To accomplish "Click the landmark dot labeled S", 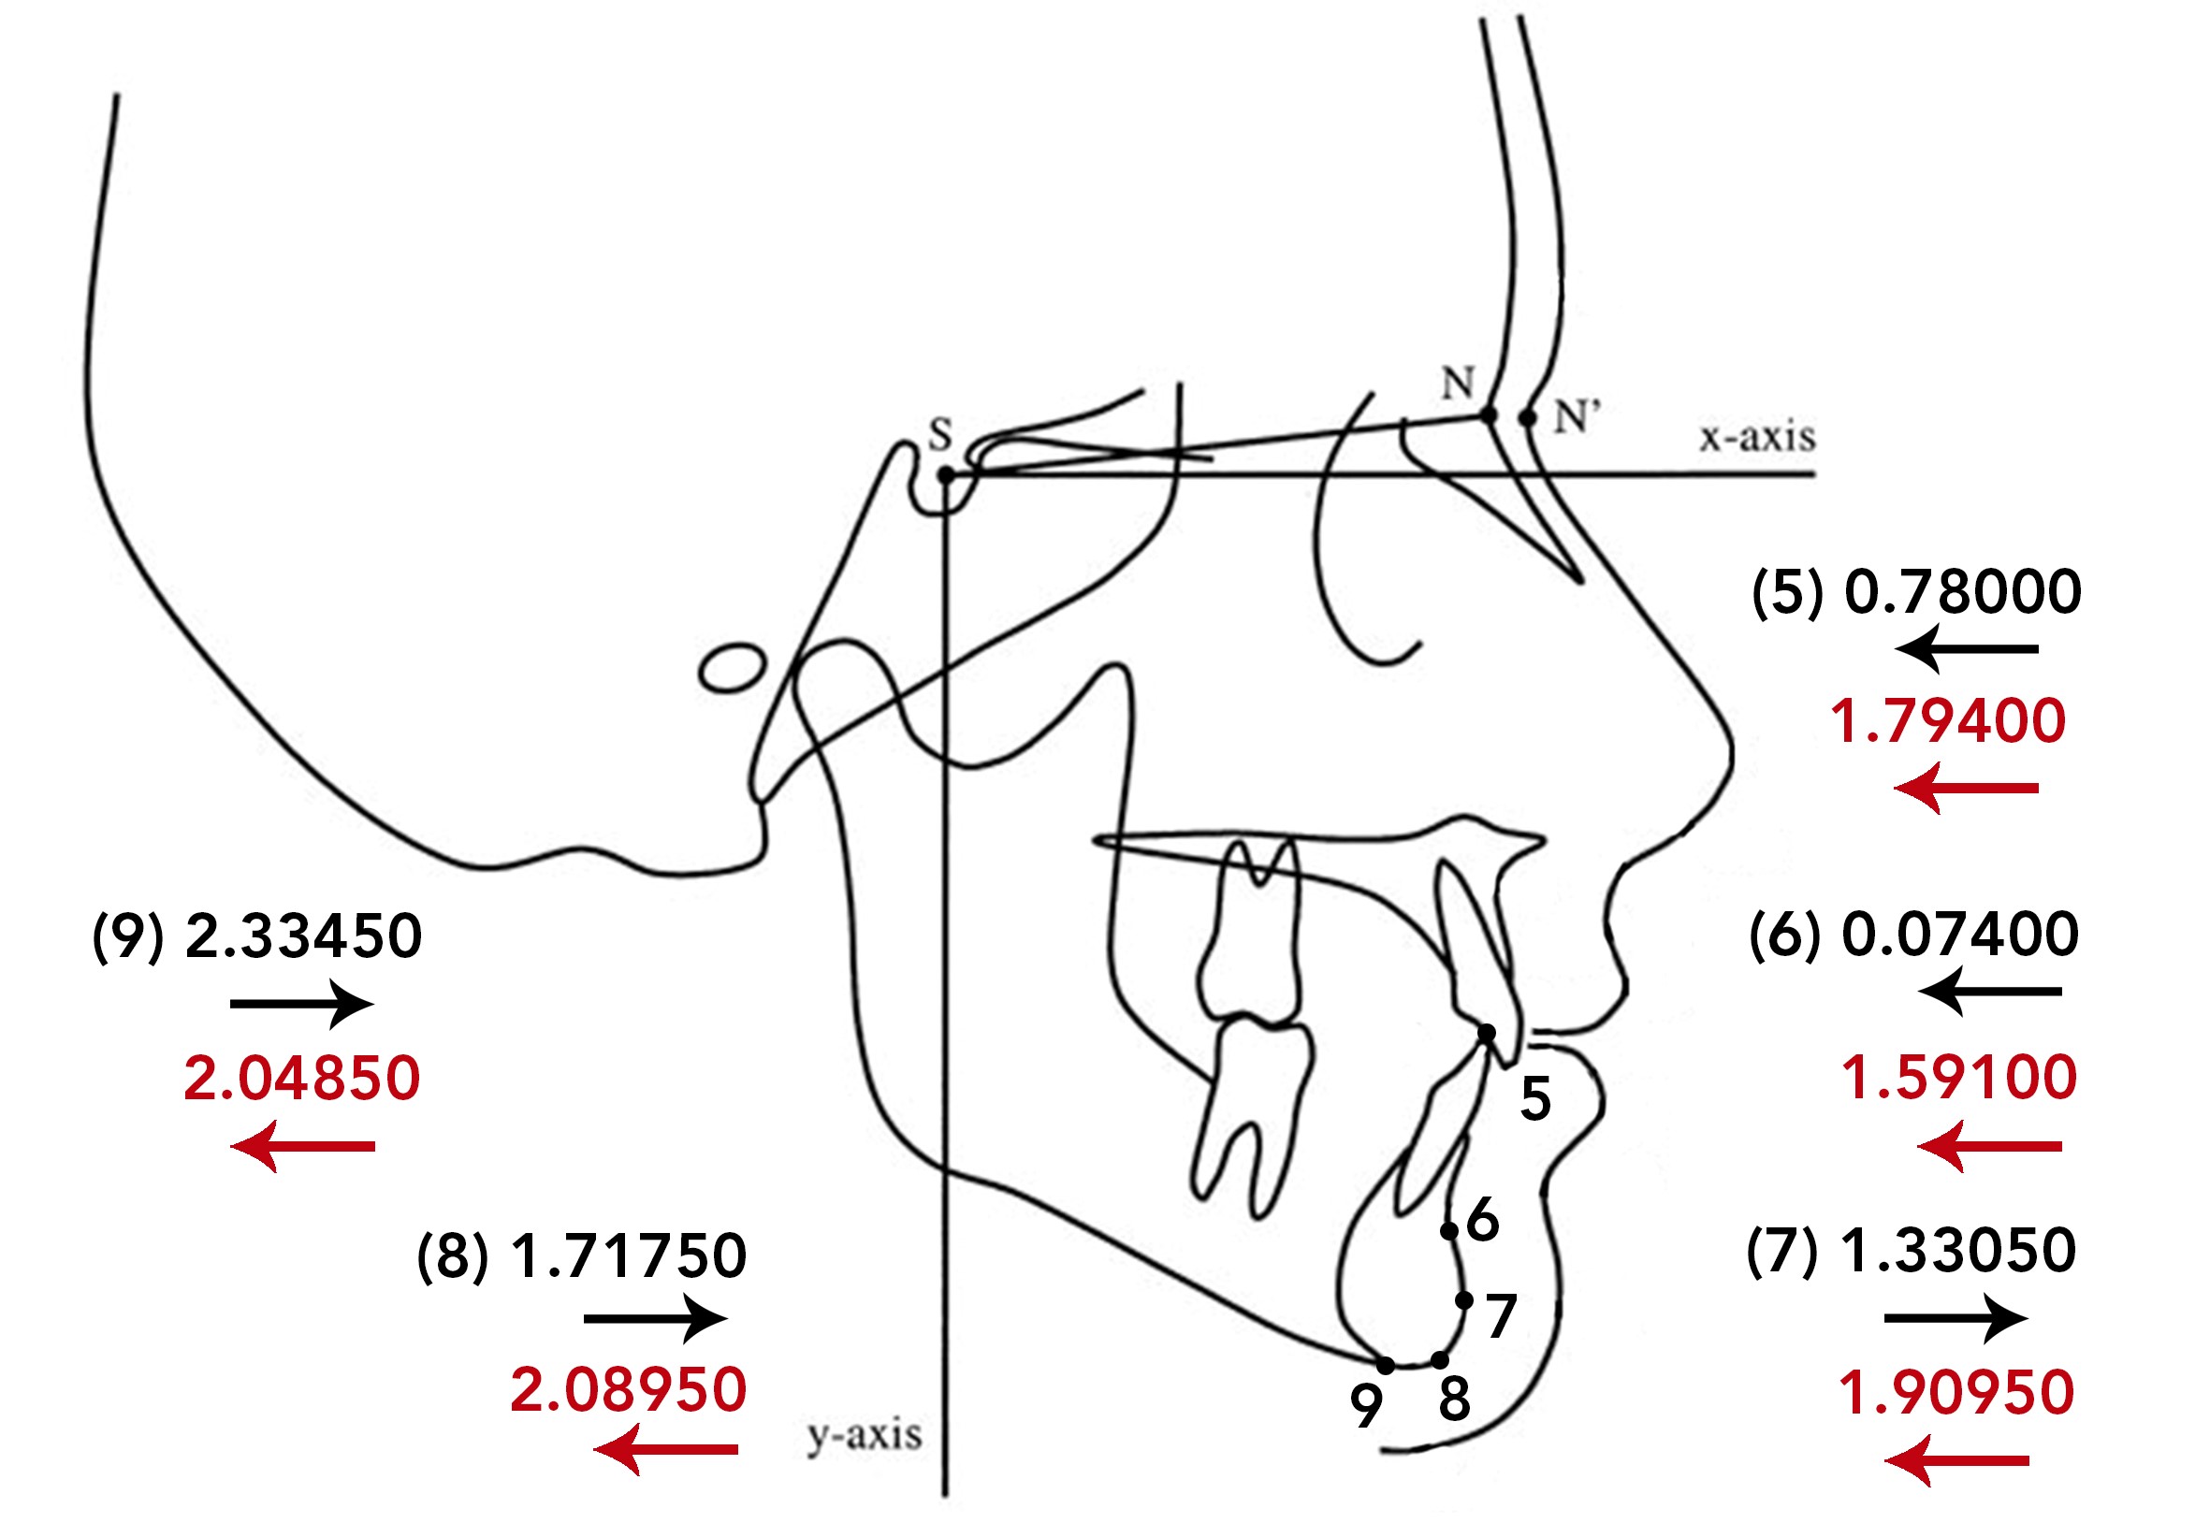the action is pyautogui.click(x=946, y=474).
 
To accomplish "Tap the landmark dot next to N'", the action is pyautogui.click(x=1528, y=418).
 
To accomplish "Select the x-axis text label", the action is pyautogui.click(x=1757, y=436).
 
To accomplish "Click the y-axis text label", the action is pyautogui.click(x=865, y=1434).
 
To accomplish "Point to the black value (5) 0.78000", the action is pyautogui.click(x=1916, y=591).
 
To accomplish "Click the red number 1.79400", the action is pyautogui.click(x=1948, y=720).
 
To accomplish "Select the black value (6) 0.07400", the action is pyautogui.click(x=1913, y=935).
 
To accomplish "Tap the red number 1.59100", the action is pyautogui.click(x=1959, y=1079).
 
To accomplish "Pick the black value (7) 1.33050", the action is pyautogui.click(x=1912, y=1250).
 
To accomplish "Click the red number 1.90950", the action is pyautogui.click(x=1956, y=1392).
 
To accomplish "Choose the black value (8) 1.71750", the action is pyautogui.click(x=581, y=1255).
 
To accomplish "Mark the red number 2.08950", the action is pyautogui.click(x=628, y=1389).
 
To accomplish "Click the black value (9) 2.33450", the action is pyautogui.click(x=256, y=936).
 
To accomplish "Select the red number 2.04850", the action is pyautogui.click(x=301, y=1079).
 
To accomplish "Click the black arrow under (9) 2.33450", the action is pyautogui.click(x=301, y=1004).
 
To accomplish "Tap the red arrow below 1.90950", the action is pyautogui.click(x=1956, y=1461).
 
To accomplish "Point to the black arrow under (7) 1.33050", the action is pyautogui.click(x=1956, y=1319).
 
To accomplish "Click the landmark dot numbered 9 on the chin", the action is pyautogui.click(x=1386, y=1367).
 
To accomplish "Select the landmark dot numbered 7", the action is pyautogui.click(x=1463, y=1299).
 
